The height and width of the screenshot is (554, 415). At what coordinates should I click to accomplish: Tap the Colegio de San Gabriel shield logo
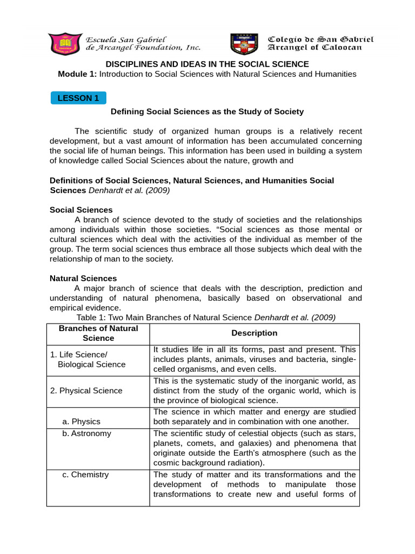[245, 44]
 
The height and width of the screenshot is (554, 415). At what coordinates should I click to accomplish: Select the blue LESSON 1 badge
[79, 98]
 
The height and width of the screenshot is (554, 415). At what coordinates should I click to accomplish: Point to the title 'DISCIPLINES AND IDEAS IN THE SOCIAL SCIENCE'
[207, 64]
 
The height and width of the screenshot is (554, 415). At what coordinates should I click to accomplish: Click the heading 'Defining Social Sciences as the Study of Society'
[207, 111]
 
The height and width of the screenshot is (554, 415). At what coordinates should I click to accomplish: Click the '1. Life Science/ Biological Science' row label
[88, 359]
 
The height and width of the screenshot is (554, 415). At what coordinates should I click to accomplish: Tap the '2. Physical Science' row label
[86, 390]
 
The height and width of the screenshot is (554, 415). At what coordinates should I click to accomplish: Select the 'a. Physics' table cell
[82, 421]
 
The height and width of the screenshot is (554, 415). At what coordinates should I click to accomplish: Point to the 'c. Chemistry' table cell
[85, 474]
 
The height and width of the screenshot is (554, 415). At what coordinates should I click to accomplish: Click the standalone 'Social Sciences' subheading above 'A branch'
[81, 209]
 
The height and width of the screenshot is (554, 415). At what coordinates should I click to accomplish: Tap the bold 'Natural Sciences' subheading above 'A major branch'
[83, 278]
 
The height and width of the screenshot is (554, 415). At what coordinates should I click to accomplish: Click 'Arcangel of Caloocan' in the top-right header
[316, 48]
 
